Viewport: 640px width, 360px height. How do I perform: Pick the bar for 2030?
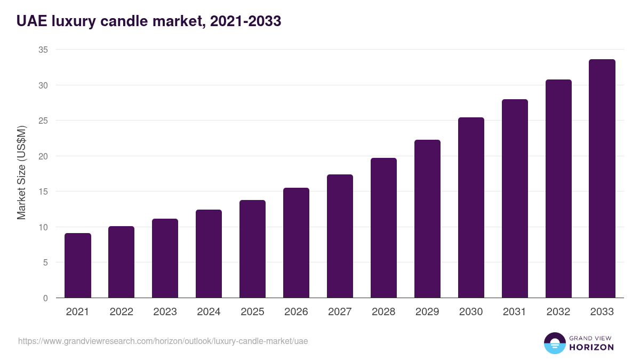(x=471, y=208)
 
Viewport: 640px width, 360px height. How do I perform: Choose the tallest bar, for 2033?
(x=602, y=179)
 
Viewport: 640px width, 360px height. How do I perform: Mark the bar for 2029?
(x=427, y=219)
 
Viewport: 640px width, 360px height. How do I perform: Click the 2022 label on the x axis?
(x=122, y=312)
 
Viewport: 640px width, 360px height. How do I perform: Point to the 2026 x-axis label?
(x=296, y=312)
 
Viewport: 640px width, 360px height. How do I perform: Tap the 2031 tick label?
(x=515, y=312)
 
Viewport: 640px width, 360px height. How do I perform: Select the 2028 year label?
(x=383, y=312)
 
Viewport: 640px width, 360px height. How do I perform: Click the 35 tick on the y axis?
(x=43, y=50)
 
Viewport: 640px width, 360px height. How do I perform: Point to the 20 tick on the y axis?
(x=43, y=156)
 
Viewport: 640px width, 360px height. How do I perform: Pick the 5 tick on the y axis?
(x=45, y=262)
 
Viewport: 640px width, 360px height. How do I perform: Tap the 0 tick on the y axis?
(x=45, y=298)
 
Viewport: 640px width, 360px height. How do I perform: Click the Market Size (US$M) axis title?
(x=21, y=173)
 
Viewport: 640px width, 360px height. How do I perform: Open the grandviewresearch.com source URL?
(x=163, y=341)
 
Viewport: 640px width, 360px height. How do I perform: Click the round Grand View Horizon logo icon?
(x=554, y=343)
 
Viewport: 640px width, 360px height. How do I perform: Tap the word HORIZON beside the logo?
(x=592, y=347)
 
